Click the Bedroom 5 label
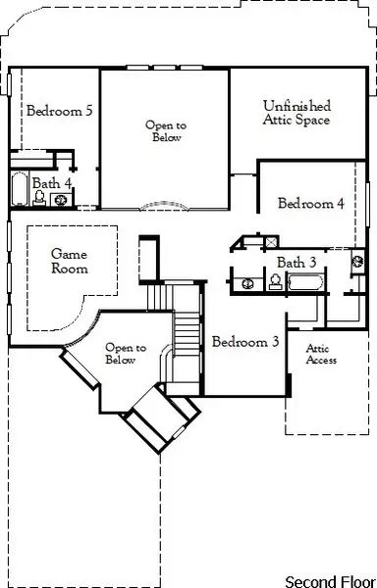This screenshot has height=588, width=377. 59,111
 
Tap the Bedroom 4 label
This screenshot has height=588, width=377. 310,204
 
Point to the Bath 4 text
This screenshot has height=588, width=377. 52,183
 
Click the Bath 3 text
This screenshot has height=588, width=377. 296,263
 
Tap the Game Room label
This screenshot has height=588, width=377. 70,261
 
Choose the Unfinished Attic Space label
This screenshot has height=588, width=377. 296,113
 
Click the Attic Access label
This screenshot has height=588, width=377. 321,354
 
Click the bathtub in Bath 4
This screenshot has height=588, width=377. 20,190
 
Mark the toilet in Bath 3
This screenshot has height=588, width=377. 275,283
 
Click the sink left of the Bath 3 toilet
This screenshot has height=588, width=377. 247,284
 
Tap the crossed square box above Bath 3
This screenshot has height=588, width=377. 270,240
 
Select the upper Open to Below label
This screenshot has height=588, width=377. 165,131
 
